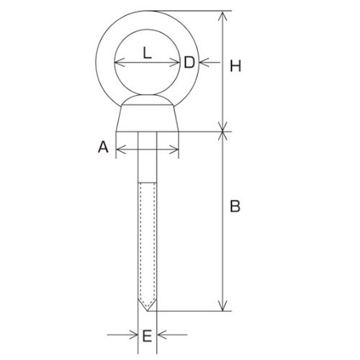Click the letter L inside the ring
click(x=147, y=52)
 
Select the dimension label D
click(x=189, y=63)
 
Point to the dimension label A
click(x=103, y=148)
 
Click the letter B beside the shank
click(x=235, y=207)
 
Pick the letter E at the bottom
click(x=147, y=335)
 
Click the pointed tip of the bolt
click(x=148, y=309)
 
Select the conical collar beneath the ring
click(x=147, y=117)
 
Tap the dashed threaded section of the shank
click(x=148, y=238)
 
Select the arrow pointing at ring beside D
click(x=203, y=63)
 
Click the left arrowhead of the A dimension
click(x=120, y=150)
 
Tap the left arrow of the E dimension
click(x=134, y=335)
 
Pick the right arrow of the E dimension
click(x=161, y=335)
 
